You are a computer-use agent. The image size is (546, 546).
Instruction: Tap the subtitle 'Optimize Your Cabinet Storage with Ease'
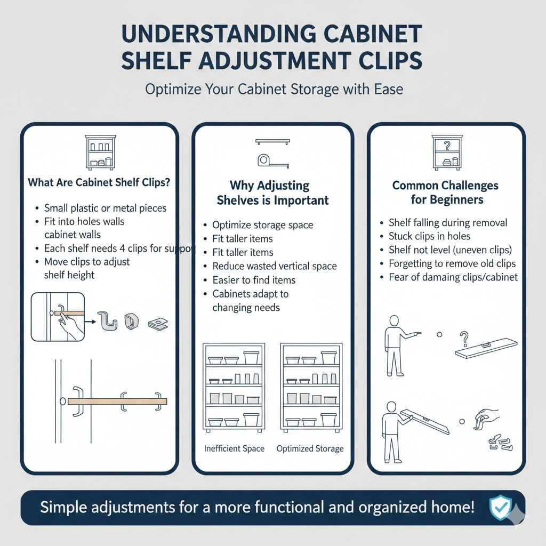coord(274,89)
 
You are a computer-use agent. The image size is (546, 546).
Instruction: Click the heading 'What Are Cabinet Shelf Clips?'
coord(99,182)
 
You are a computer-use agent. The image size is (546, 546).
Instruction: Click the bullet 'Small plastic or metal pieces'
coord(105,208)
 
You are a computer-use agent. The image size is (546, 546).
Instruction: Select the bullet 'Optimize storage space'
coord(262,225)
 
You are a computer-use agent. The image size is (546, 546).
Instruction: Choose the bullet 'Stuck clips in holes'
coord(429,236)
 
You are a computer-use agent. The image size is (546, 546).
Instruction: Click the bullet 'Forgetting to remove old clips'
coord(452,263)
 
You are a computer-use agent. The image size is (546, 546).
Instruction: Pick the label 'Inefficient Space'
coord(234,448)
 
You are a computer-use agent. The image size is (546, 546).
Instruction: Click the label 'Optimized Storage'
coord(310,448)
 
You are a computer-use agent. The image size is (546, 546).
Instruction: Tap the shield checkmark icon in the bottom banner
coord(500,507)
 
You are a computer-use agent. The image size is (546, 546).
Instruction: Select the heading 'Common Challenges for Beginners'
coord(445,192)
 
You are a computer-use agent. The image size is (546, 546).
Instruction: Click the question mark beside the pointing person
coord(464,338)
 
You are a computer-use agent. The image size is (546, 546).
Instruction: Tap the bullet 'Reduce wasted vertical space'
coord(274,266)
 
